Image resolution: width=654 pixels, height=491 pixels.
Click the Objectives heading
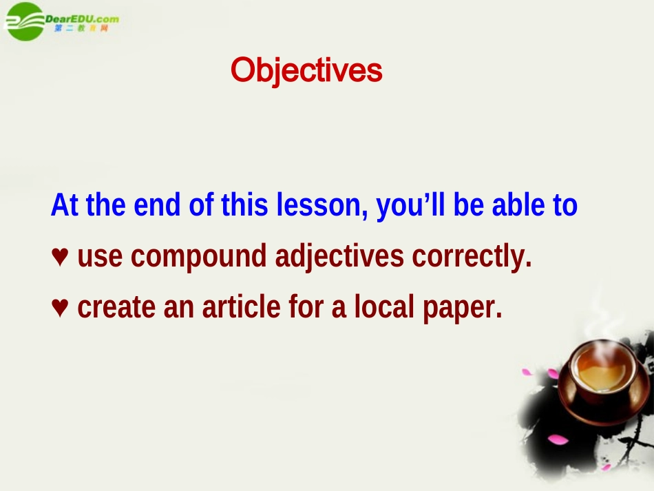(x=306, y=70)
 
